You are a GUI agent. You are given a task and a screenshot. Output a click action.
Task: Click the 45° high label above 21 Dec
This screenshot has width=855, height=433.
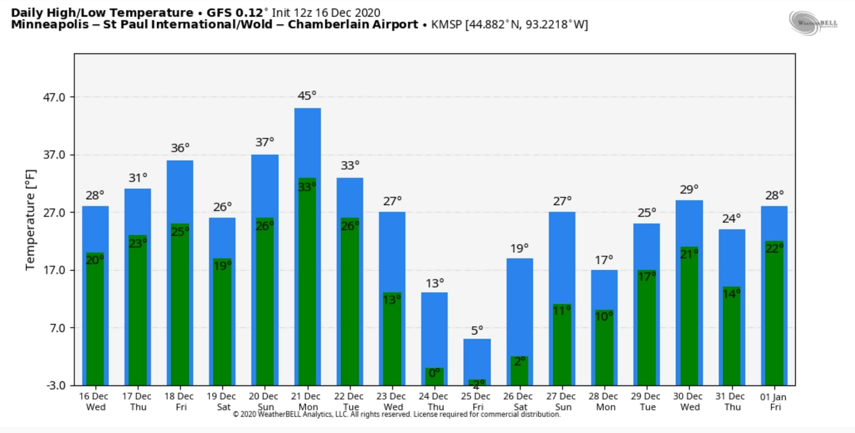(x=307, y=96)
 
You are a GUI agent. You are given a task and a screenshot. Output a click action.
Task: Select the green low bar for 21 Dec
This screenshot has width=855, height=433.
(x=307, y=285)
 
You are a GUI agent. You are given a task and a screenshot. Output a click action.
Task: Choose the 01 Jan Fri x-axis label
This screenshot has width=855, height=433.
(x=774, y=402)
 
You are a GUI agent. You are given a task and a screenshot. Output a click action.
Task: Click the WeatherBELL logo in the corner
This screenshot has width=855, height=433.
(x=813, y=23)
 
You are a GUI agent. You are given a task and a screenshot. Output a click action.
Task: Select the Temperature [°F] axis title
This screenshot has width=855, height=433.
(x=30, y=220)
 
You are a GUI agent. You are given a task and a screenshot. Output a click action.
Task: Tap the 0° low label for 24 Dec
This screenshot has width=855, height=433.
(x=434, y=373)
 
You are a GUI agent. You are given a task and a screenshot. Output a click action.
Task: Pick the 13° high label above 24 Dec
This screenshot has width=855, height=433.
(x=435, y=284)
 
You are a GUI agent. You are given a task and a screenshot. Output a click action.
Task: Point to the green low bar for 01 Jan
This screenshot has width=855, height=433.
(x=774, y=317)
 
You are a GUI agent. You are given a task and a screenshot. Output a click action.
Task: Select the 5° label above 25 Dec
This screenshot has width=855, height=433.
(x=477, y=330)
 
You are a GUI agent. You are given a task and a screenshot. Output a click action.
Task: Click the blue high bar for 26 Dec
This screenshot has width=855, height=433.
(x=519, y=305)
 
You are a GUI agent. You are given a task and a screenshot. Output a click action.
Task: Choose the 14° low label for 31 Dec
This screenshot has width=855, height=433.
(x=731, y=294)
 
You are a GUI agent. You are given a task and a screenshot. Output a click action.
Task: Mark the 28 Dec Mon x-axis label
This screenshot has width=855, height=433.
(x=604, y=401)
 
